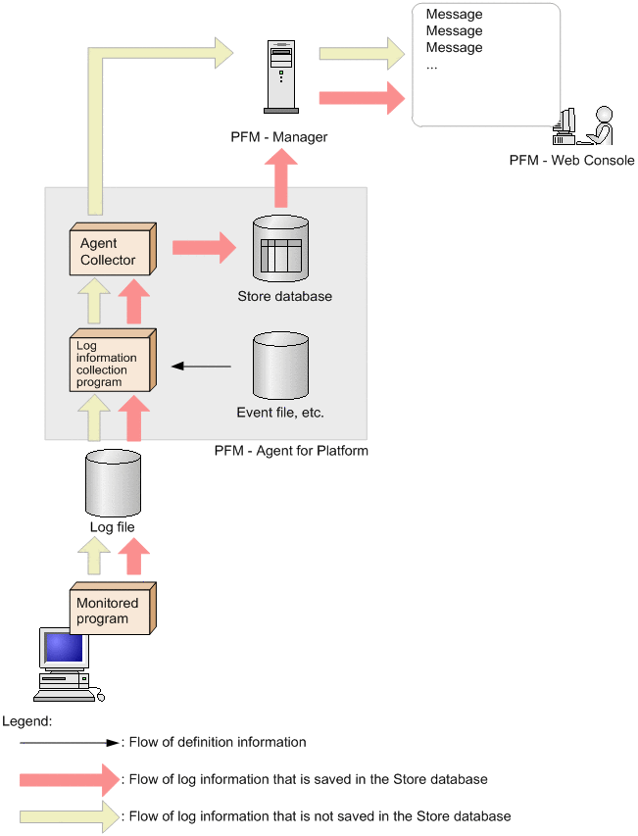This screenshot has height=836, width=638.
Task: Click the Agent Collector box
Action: [x=111, y=252]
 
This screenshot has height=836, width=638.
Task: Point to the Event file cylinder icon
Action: [x=280, y=364]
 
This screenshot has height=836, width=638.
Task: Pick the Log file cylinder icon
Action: [x=112, y=482]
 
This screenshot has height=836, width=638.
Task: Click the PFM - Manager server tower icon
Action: [x=279, y=75]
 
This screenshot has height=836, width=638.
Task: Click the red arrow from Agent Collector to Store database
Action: [x=204, y=247]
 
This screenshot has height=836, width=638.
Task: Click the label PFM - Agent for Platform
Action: [x=290, y=452]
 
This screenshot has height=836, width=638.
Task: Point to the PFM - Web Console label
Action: [x=571, y=161]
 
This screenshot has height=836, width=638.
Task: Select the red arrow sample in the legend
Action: [x=69, y=780]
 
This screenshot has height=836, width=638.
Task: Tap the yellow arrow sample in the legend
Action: [x=69, y=815]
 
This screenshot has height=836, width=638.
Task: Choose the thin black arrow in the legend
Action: [x=69, y=743]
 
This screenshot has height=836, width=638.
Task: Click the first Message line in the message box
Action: [x=454, y=15]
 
